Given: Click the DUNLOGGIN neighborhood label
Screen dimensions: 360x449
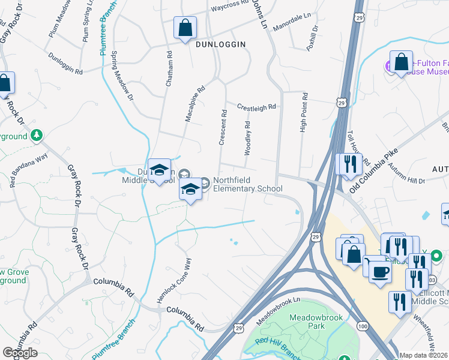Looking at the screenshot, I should pos(220,44).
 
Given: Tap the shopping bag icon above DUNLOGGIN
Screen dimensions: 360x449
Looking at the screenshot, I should pos(185,28).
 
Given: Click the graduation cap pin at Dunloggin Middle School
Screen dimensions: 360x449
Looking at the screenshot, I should pos(160,170).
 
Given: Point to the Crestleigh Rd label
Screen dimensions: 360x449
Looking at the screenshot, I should pos(256,107).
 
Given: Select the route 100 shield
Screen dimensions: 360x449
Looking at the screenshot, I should pos(363,325).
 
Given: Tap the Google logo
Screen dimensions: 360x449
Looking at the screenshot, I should pos(20,353).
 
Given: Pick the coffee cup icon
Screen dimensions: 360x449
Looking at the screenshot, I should pos(379,271).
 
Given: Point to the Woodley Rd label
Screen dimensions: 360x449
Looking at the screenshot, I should pos(247,137).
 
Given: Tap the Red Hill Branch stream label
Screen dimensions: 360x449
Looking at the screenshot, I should pos(277,348).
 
